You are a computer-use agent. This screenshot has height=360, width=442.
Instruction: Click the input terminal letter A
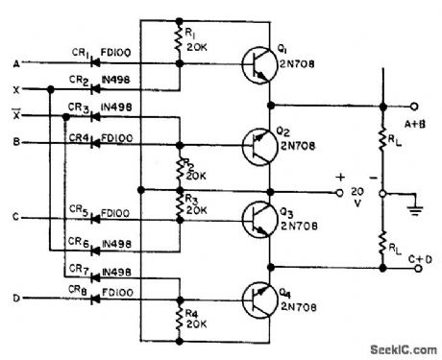coord(14,63)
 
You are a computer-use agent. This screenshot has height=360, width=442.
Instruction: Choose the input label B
coord(14,143)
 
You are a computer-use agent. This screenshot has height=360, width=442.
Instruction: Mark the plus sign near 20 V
coord(339,178)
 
